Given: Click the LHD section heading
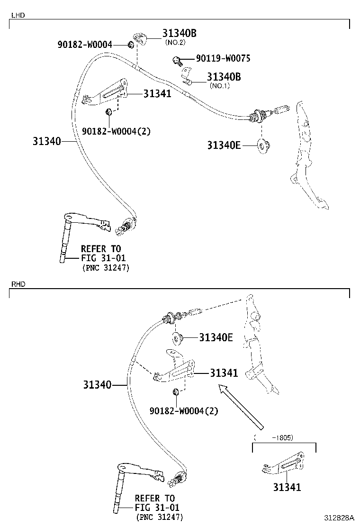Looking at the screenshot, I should pyautogui.click(x=18, y=15).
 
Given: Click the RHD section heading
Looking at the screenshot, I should pyautogui.click(x=18, y=284).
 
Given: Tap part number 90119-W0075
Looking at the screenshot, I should pyautogui.click(x=223, y=58).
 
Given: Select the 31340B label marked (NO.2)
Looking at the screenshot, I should pyautogui.click(x=179, y=33).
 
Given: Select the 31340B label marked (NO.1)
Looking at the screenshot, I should pyautogui.click(x=224, y=77).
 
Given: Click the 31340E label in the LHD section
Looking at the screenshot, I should pyautogui.click(x=224, y=145).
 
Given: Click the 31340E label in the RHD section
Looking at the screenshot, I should pyautogui.click(x=216, y=337).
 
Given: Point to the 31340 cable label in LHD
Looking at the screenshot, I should pyautogui.click(x=47, y=141).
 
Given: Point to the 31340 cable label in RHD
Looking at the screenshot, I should pyautogui.click(x=98, y=385).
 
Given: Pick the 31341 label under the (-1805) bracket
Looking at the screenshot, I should pyautogui.click(x=287, y=487).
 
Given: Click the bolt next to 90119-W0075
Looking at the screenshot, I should pyautogui.click(x=177, y=60).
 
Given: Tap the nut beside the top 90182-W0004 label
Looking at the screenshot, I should pyautogui.click(x=130, y=45).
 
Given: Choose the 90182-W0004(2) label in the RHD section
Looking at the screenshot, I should pyautogui.click(x=184, y=411).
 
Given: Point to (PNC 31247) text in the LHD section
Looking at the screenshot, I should pyautogui.click(x=105, y=268).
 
